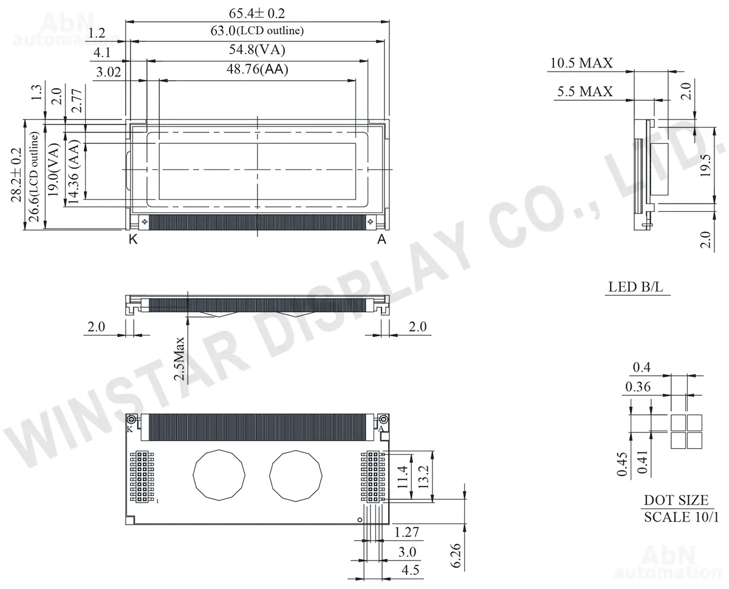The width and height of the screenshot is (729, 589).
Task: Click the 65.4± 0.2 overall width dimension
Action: [x=257, y=13]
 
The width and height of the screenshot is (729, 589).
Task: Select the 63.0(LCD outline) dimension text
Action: [x=257, y=31]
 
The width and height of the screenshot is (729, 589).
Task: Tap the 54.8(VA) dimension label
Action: [x=257, y=50]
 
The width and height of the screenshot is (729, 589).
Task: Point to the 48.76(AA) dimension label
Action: [x=257, y=69]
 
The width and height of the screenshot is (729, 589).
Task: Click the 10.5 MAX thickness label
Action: [x=581, y=63]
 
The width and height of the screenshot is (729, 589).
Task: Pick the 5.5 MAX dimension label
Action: [x=585, y=91]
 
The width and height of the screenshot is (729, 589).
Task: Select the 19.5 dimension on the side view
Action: [x=706, y=166]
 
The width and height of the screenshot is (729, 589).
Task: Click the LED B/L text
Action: [x=635, y=287]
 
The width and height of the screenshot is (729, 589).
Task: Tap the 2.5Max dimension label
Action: [x=179, y=358]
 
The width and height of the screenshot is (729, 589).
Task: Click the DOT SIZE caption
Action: [x=676, y=500]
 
